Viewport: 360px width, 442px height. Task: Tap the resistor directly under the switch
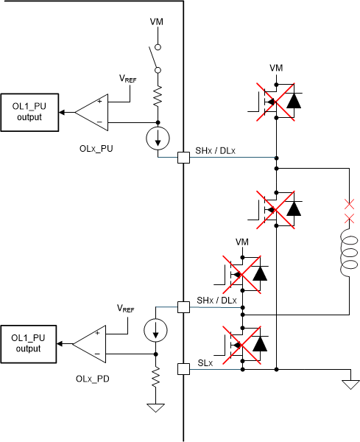[157, 94]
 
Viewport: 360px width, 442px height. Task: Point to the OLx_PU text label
[96, 147]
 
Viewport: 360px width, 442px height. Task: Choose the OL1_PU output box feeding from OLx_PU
[29, 112]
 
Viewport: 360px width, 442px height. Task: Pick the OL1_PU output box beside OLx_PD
[29, 343]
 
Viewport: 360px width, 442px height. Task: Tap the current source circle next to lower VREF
[156, 331]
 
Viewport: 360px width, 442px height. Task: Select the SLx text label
[205, 363]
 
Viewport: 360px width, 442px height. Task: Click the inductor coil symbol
[347, 254]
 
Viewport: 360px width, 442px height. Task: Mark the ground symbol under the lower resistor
[156, 408]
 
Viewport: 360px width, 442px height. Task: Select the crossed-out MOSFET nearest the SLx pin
[243, 343]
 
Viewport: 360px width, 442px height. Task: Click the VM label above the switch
[157, 22]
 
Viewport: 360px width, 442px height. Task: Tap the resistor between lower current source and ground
[156, 378]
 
